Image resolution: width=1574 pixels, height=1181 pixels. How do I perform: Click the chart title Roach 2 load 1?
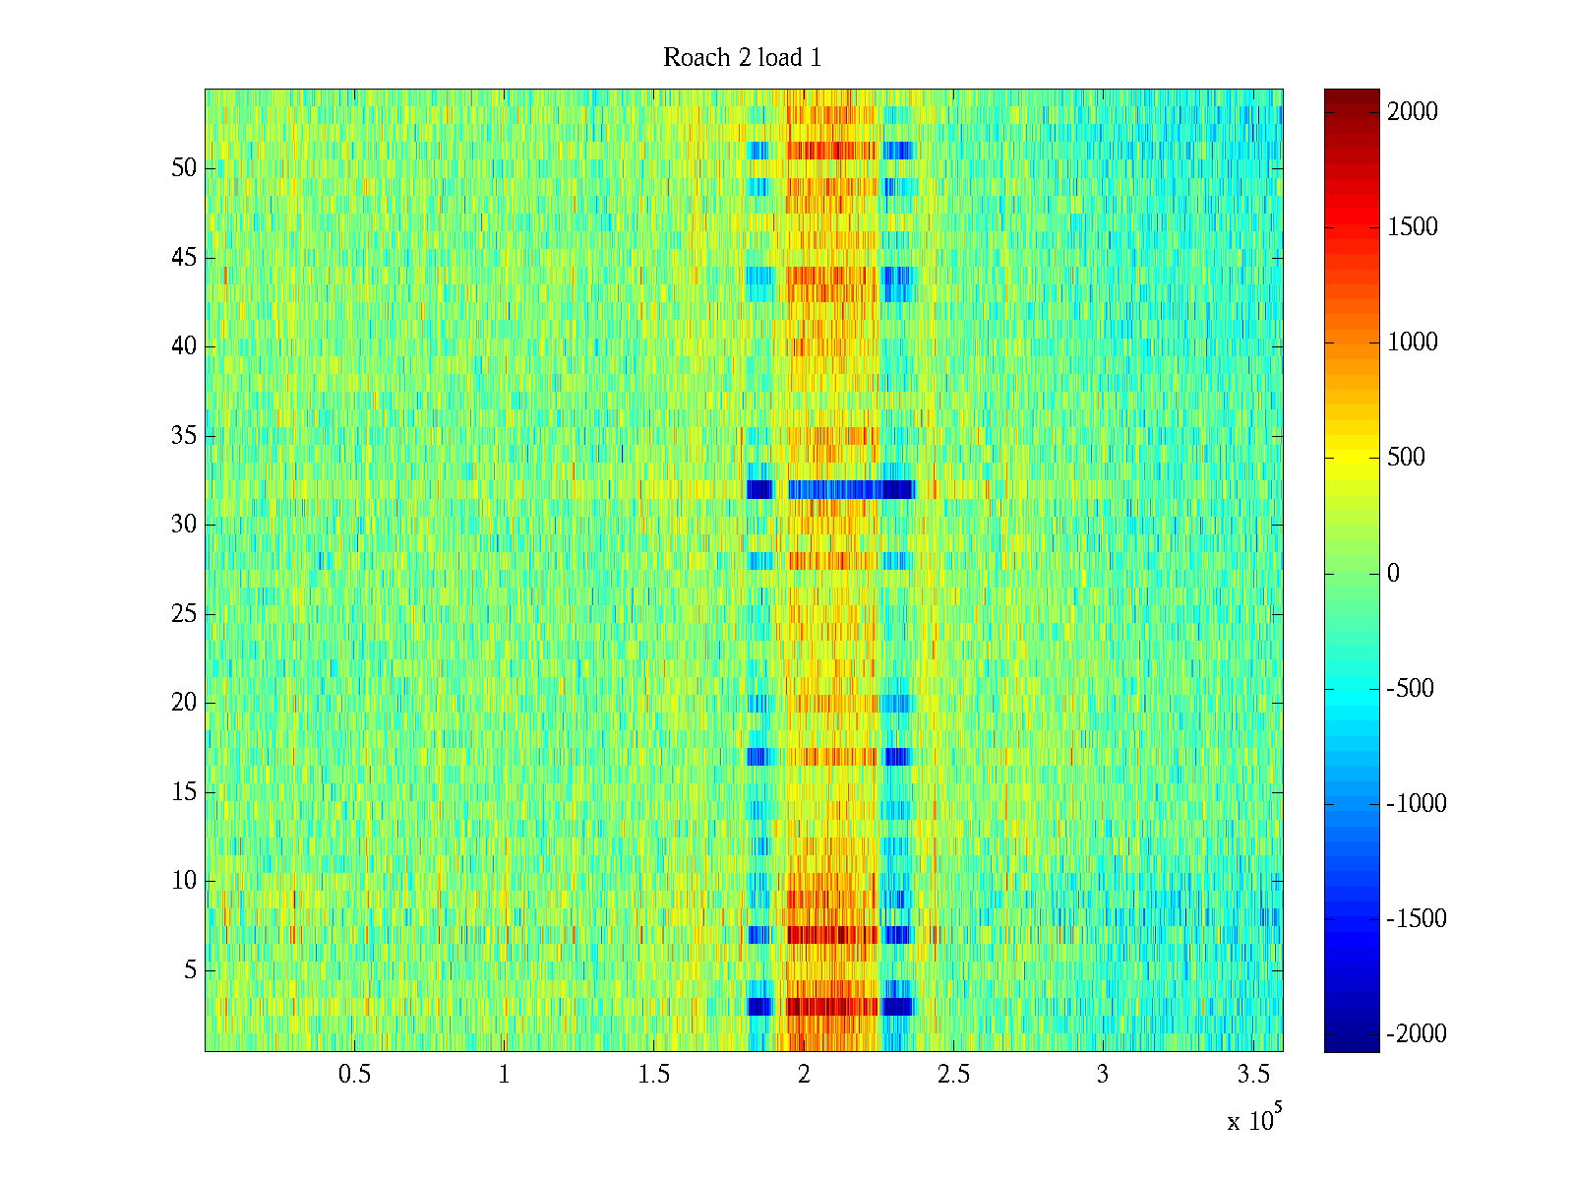pos(742,58)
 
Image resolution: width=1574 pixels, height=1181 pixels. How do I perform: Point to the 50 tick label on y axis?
pos(184,168)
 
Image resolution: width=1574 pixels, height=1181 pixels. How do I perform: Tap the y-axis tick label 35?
pos(184,436)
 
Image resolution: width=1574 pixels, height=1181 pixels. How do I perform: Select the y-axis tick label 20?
pos(184,703)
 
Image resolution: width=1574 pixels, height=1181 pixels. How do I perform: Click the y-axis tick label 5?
pos(190,970)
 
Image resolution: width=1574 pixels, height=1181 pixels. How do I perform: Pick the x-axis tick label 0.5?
pos(354,1075)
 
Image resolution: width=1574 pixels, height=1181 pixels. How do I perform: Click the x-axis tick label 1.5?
pos(653,1075)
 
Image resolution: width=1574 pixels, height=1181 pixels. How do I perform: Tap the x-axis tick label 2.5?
pos(952,1075)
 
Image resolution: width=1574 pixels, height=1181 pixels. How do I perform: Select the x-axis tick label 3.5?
pos(1252,1075)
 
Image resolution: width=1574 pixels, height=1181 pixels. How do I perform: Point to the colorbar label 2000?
pos(1413,112)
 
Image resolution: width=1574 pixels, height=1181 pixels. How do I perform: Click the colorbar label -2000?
pos(1417,1034)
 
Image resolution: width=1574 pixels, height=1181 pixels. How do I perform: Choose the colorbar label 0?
pos(1393,574)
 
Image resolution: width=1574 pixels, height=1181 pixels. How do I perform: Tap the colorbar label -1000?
pos(1417,804)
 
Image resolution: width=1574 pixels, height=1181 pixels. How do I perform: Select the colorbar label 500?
pos(1406,458)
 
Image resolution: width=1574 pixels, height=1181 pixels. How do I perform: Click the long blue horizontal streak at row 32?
pos(836,489)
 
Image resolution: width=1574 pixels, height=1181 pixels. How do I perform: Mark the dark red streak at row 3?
pos(831,1006)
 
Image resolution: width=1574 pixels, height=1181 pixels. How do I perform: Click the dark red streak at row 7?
pos(831,934)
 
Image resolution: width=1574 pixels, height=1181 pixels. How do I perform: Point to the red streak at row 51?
pos(831,151)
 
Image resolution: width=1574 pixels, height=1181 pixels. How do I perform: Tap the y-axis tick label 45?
pos(184,258)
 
